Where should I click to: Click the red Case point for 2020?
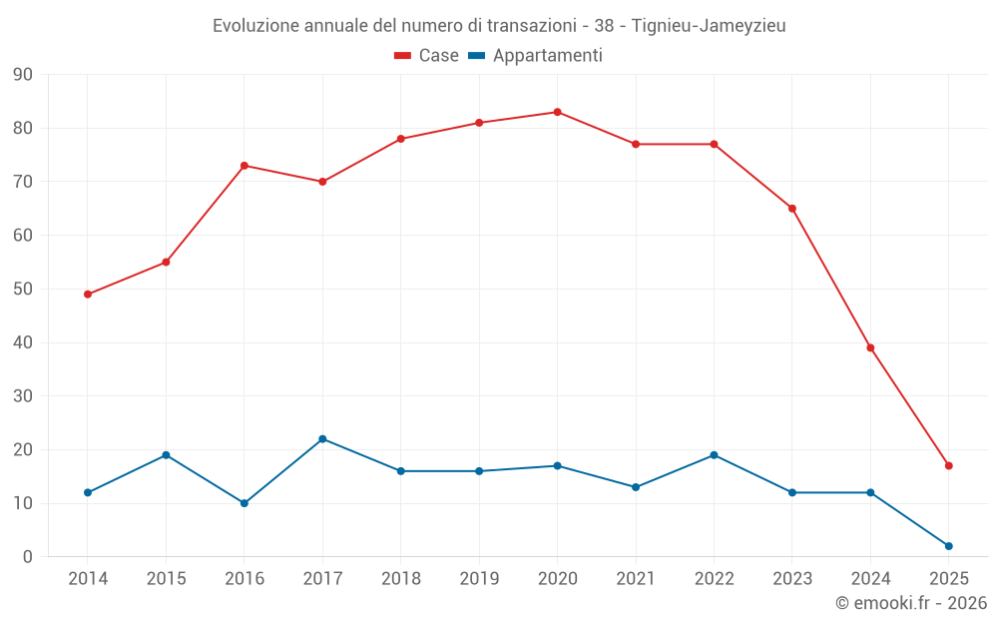tap(557, 112)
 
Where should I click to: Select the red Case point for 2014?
tap(88, 295)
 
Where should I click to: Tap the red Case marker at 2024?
tap(870, 347)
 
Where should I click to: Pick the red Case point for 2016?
tap(245, 166)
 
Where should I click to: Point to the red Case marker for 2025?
tap(948, 465)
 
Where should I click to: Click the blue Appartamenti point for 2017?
tap(322, 439)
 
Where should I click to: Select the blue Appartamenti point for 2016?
tap(245, 503)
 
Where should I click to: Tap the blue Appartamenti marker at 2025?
tap(948, 546)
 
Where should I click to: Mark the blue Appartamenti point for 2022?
tap(714, 455)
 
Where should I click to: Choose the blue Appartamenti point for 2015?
tap(166, 455)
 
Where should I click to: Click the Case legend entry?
tap(426, 56)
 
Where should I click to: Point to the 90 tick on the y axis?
tap(23, 75)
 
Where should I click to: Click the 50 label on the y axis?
tap(23, 290)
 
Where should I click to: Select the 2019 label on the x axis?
tap(479, 579)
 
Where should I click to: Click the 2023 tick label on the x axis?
tap(791, 579)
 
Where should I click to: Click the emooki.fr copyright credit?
tap(910, 603)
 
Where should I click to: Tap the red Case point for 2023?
tap(791, 209)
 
